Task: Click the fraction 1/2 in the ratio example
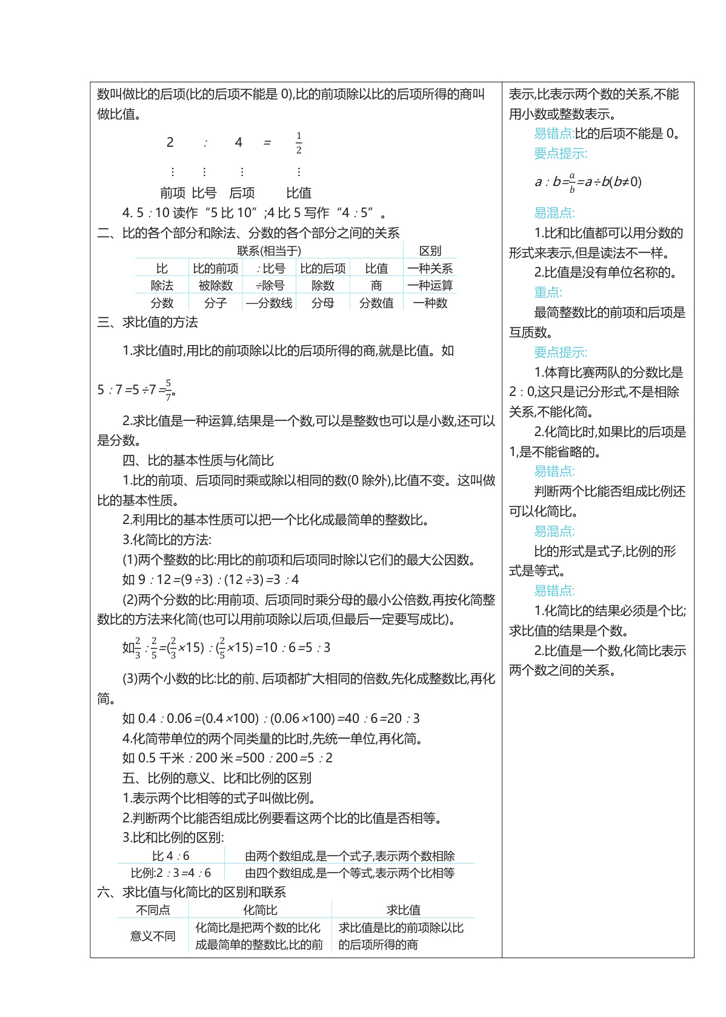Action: coord(299,143)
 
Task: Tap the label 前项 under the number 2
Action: coord(173,193)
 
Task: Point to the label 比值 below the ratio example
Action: coord(299,193)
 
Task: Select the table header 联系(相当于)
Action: coord(269,251)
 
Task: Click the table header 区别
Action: coord(430,251)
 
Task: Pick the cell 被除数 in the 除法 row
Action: coord(215,286)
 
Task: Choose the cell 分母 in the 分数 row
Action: coord(322,303)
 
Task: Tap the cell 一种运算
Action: coord(430,286)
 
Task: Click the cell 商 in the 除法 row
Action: coord(376,286)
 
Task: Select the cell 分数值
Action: coord(376,303)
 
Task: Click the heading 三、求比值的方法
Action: coord(148,323)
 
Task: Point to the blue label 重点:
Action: coord(548,293)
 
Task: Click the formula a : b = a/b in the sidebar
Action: coord(588,182)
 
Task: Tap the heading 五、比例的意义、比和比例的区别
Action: coord(217,778)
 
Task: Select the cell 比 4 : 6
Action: coord(171,856)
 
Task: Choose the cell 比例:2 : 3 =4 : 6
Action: coord(171,873)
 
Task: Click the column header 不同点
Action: coord(153,910)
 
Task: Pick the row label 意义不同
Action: coord(153,936)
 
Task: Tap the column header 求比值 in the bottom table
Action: coord(404,910)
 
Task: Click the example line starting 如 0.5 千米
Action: coord(227,758)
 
